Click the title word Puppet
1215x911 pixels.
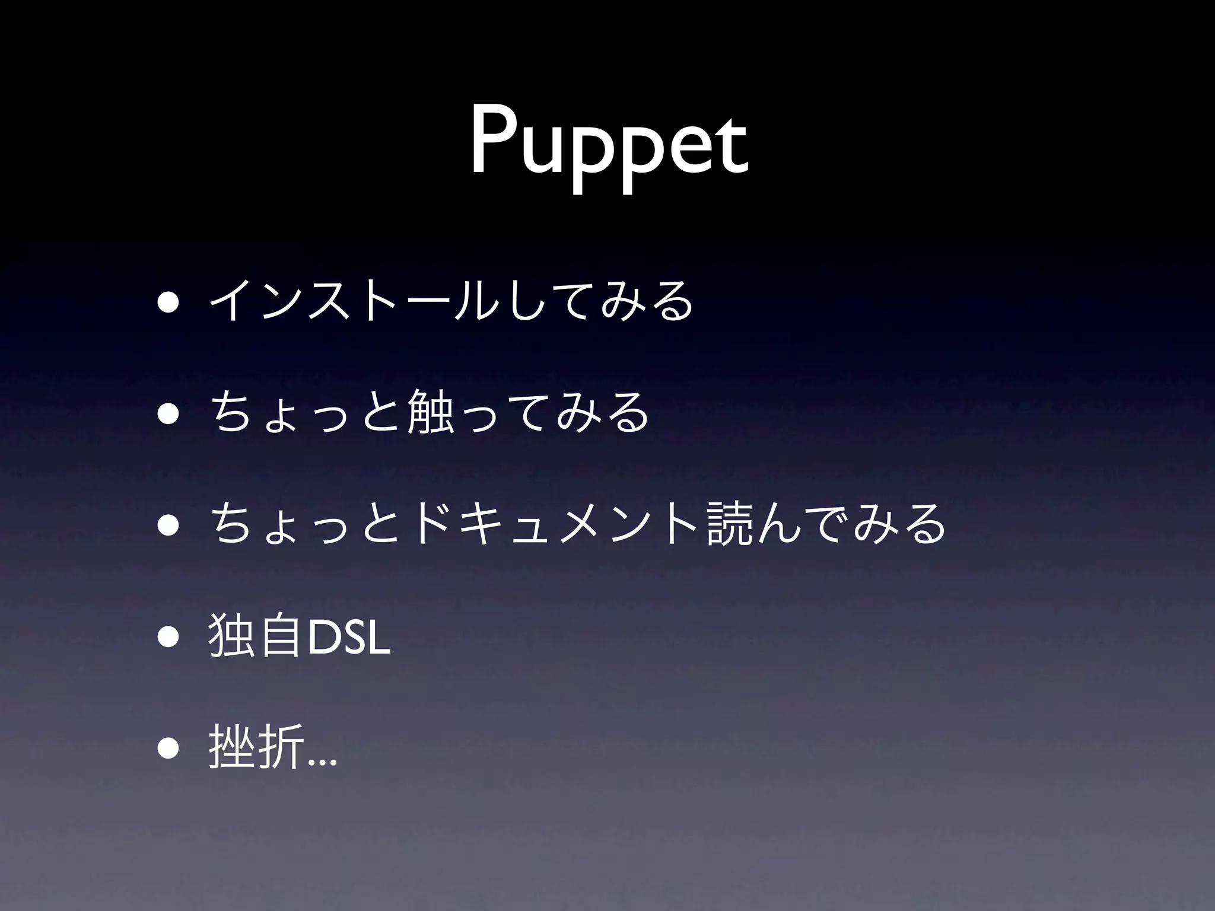[x=609, y=146]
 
